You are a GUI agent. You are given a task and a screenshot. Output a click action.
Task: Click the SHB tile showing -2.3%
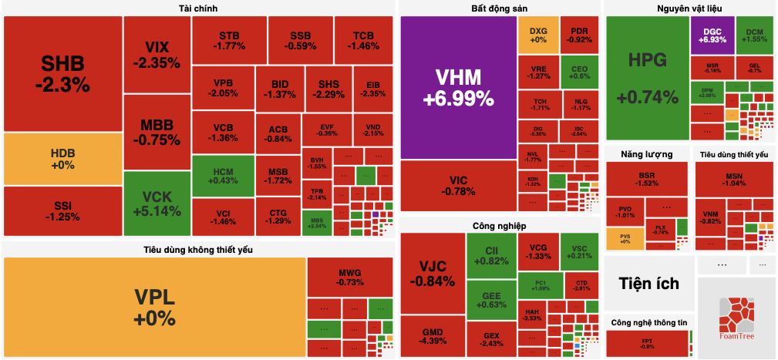(62, 73)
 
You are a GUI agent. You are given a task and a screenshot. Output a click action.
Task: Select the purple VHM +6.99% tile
(458, 86)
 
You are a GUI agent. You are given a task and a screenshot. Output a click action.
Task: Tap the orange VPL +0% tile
(154, 307)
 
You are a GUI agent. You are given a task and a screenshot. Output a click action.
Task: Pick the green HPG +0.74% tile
(647, 77)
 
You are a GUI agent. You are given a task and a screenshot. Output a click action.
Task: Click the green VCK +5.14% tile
(156, 202)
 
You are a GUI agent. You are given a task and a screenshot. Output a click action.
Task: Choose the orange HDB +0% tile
(62, 159)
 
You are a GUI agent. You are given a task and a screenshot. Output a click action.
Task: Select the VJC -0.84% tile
(432, 273)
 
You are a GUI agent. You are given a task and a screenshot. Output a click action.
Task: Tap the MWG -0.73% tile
(349, 277)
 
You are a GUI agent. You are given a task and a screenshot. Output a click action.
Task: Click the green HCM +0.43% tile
(222, 175)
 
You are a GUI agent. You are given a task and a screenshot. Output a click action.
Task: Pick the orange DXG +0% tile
(537, 35)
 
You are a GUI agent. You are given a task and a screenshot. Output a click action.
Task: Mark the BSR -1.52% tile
(646, 179)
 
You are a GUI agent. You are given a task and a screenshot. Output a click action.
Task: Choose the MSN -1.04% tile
(733, 179)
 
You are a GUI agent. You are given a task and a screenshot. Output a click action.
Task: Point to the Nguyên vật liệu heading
(689, 8)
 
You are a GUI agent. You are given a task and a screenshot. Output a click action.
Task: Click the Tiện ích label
(649, 284)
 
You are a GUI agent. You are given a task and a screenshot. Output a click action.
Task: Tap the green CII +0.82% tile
(491, 255)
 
